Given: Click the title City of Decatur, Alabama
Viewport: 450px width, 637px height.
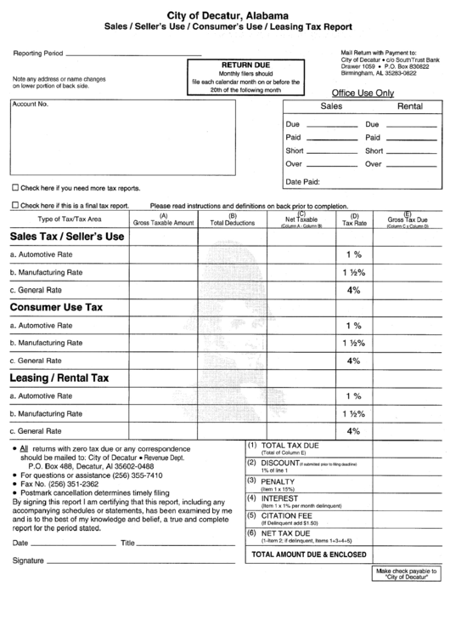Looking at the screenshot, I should [x=227, y=16].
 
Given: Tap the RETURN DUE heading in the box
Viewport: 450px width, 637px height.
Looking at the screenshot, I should [x=245, y=65].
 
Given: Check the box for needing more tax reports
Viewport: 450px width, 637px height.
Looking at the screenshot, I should [x=14, y=187].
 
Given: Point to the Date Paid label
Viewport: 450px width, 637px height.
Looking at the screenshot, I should [x=302, y=181].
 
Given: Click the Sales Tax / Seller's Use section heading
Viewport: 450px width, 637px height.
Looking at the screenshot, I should [x=67, y=236].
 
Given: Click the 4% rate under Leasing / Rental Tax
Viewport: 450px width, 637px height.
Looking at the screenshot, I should [x=353, y=431].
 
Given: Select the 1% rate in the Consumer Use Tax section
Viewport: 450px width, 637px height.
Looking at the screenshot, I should [x=353, y=326].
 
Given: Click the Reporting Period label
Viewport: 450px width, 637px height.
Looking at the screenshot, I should [x=38, y=53].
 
